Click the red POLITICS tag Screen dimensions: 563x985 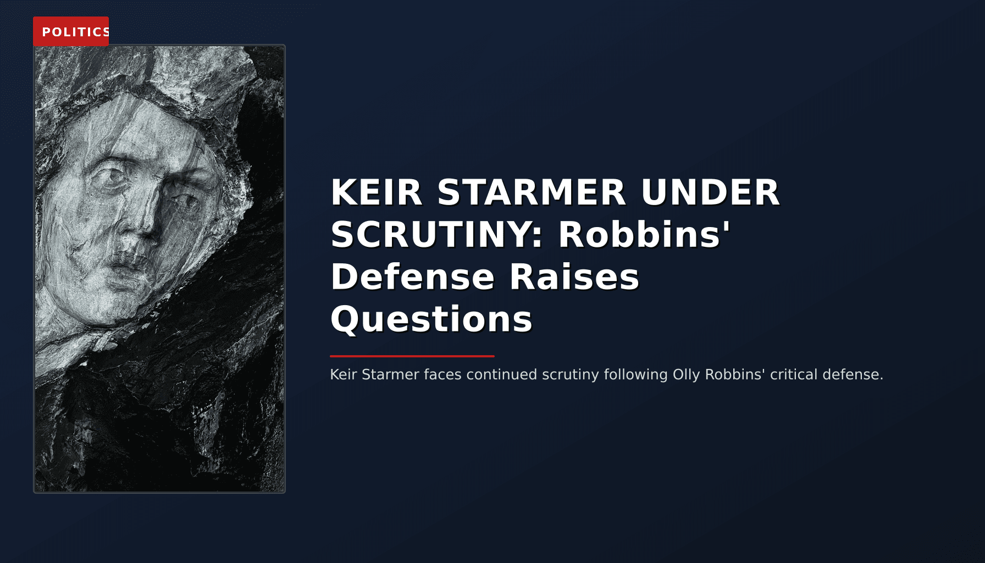click(71, 31)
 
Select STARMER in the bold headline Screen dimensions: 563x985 click(532, 192)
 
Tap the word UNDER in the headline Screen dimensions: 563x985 click(710, 192)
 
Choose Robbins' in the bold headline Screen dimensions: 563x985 click(644, 235)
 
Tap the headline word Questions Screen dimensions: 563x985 click(431, 319)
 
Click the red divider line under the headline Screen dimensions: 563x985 click(412, 356)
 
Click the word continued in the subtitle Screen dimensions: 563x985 click(501, 374)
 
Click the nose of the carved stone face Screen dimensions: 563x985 click(146, 223)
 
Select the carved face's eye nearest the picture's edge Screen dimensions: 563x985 click(113, 177)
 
